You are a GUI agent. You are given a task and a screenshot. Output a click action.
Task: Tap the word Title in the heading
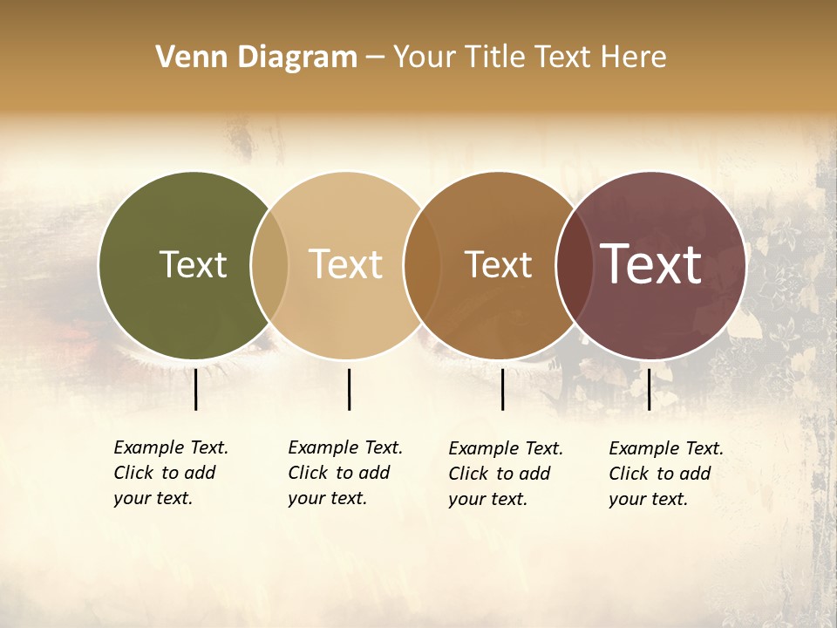(495, 58)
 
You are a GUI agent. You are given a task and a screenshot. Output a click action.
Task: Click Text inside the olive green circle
(193, 264)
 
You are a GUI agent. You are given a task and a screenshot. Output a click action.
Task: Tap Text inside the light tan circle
(346, 264)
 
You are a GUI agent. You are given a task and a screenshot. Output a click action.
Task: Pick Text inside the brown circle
(498, 264)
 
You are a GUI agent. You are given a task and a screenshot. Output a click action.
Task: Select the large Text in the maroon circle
(651, 264)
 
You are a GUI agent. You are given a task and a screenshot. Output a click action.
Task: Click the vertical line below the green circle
(196, 389)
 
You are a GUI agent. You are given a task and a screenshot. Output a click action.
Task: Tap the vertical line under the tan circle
(349, 389)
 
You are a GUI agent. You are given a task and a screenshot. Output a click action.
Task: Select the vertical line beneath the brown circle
(503, 389)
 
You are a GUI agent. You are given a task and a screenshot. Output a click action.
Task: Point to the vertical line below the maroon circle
(649, 389)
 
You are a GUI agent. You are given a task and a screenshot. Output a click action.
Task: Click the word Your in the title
(425, 58)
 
